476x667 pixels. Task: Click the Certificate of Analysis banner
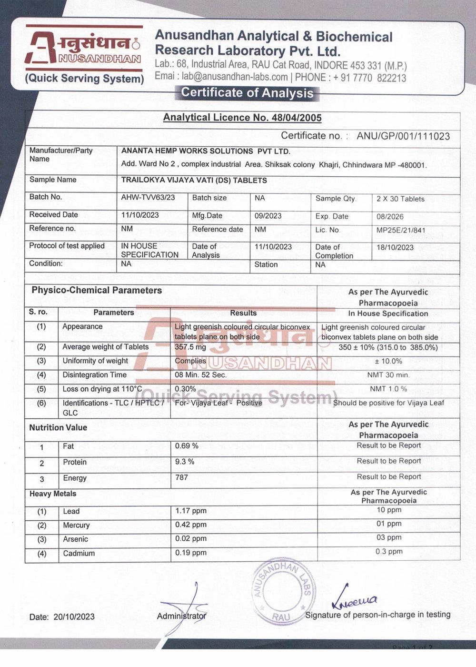click(x=247, y=92)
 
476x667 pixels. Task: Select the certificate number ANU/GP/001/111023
click(x=403, y=136)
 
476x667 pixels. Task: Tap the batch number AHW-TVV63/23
click(x=148, y=197)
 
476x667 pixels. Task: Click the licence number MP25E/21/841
click(x=401, y=230)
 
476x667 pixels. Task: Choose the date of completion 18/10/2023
click(x=395, y=247)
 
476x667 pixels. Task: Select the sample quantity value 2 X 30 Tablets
click(x=400, y=199)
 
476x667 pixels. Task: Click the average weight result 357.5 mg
click(x=190, y=347)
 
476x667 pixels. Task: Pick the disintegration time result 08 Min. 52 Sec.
click(x=200, y=375)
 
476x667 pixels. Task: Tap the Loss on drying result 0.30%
click(x=186, y=389)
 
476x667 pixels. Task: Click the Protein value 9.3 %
click(x=185, y=462)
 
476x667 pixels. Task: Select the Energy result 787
click(x=181, y=477)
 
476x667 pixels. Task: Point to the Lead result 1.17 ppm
click(x=191, y=511)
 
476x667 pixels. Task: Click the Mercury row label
click(x=76, y=526)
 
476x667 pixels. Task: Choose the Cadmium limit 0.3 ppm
click(x=389, y=552)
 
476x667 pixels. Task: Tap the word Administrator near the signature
click(x=182, y=616)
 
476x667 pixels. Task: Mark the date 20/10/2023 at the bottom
click(x=74, y=617)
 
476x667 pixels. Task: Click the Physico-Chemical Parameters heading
click(x=97, y=290)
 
